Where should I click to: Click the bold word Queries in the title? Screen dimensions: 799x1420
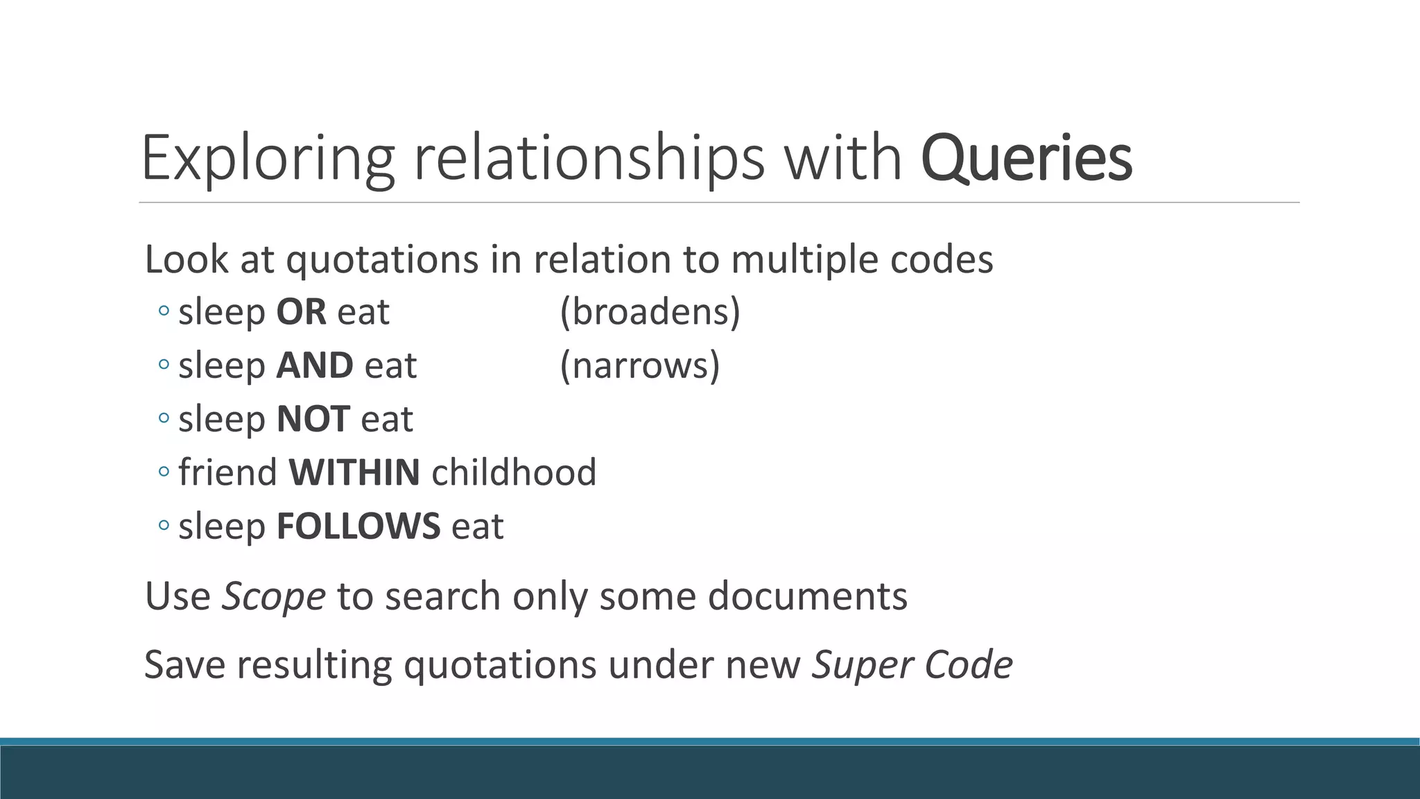(1026, 158)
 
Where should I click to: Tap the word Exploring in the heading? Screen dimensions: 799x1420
(268, 158)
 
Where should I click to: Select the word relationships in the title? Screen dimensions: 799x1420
(589, 158)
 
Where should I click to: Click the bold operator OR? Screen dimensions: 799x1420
(301, 312)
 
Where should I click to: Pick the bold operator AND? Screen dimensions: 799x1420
(315, 366)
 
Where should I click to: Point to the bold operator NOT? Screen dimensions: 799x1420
(313, 419)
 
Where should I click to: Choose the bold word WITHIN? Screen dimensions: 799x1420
(354, 472)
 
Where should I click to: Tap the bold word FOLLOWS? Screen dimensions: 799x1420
(358, 526)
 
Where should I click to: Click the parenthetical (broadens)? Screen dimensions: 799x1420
(650, 312)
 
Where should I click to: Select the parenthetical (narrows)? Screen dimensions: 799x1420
(639, 366)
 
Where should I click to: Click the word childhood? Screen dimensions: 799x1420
(514, 472)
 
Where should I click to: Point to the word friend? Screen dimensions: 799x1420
(228, 472)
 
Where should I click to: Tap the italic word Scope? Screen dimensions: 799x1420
(273, 596)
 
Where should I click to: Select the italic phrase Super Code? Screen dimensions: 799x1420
(912, 664)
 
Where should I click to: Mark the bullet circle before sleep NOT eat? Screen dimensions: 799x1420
(164, 419)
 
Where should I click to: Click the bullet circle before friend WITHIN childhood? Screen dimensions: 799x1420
(164, 472)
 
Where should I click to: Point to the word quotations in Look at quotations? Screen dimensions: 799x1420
(382, 259)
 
